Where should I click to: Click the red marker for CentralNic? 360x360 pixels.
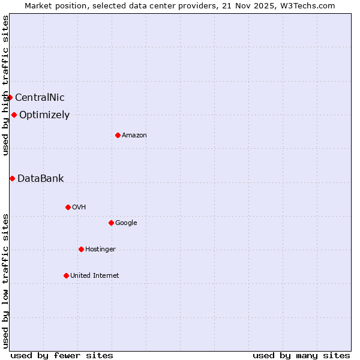pos(10,97)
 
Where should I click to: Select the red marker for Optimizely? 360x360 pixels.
pos(14,115)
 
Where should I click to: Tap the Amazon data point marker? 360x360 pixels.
pos(118,135)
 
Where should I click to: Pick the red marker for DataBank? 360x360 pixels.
pos(12,178)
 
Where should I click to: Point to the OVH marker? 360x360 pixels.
pos(68,207)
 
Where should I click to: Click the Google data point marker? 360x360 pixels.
pos(111,223)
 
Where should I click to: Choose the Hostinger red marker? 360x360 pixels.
pos(81,249)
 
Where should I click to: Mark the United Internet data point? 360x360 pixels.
pos(66,275)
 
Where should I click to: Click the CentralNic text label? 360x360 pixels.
pos(40,97)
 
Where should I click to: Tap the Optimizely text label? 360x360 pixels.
pos(44,115)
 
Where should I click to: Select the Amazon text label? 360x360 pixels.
pos(134,135)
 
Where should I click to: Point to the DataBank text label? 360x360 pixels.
pos(40,178)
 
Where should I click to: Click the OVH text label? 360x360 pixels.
pos(79,207)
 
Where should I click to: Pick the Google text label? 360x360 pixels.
pos(126,223)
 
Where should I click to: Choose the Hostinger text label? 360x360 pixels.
pos(100,249)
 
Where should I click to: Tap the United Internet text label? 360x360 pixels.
pos(95,275)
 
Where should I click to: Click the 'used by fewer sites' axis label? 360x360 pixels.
pos(62,355)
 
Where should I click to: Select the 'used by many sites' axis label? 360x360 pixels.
pos(301,355)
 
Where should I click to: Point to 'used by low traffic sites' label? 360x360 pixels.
pos(5,280)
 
